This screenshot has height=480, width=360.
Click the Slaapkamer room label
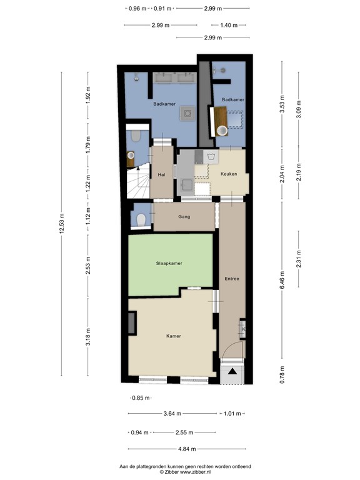point(169,264)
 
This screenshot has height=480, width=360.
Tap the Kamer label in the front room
point(174,336)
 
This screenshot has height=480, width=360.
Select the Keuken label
point(229,174)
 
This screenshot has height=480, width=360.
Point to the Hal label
point(161,175)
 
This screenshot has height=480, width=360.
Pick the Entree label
point(232,278)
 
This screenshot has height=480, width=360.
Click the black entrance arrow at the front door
point(232,372)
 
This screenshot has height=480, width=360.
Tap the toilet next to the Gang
point(142,219)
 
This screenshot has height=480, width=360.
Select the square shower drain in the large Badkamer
point(187,113)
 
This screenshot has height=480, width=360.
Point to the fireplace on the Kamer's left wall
point(132,322)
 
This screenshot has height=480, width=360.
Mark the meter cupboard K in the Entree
point(243,330)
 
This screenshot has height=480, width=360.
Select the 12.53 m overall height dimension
point(61,223)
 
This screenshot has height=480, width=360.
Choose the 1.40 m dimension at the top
point(229,25)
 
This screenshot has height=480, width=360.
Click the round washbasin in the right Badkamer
point(222,131)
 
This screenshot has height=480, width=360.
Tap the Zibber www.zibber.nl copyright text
point(186,472)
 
